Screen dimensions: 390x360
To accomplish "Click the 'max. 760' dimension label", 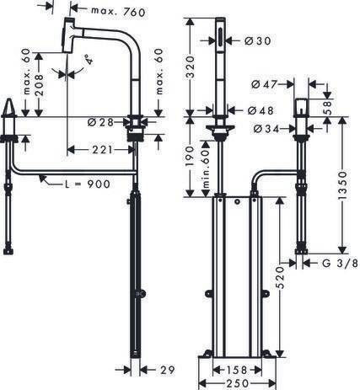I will click(116, 10).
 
